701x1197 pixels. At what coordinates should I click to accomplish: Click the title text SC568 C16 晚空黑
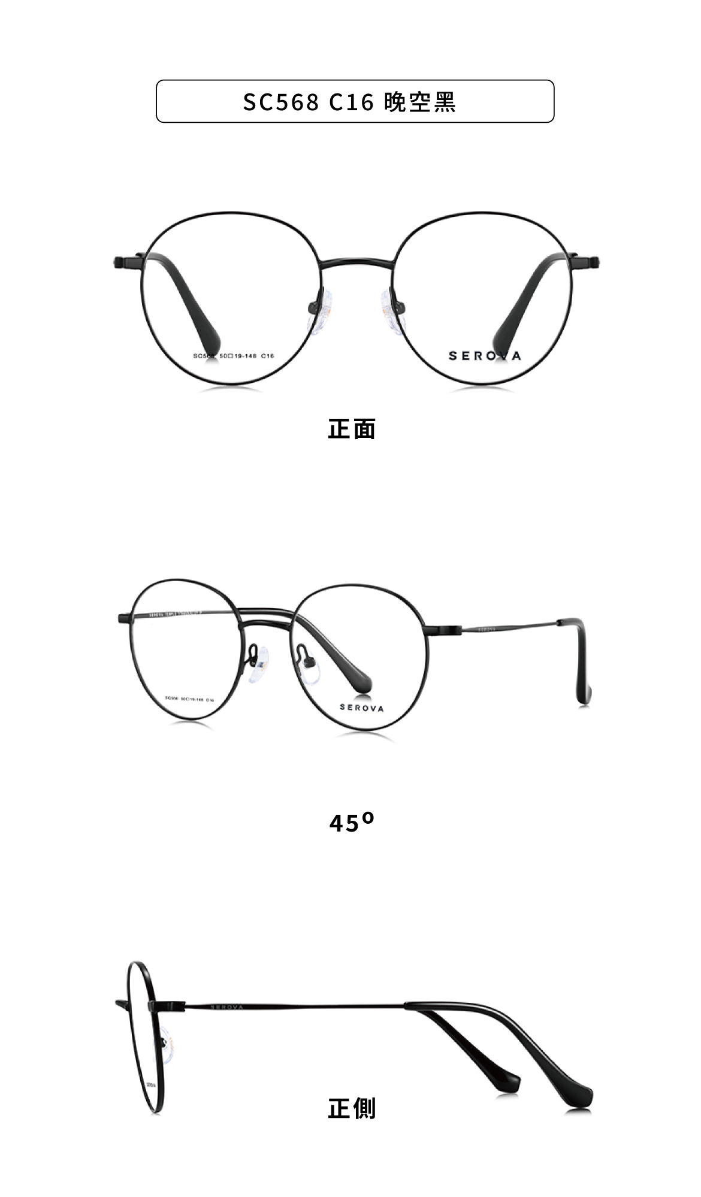coord(350,102)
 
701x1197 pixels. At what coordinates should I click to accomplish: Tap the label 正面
coord(352,429)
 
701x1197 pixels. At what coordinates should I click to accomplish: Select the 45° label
coord(352,823)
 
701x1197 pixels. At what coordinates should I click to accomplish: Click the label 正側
coord(352,1108)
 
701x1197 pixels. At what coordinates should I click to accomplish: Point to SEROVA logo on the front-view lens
coord(485,356)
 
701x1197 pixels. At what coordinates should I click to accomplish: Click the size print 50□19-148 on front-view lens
coord(238,356)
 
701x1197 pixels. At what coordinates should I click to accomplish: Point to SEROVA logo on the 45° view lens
coord(362,708)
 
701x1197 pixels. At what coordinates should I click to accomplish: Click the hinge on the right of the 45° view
coord(446,629)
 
